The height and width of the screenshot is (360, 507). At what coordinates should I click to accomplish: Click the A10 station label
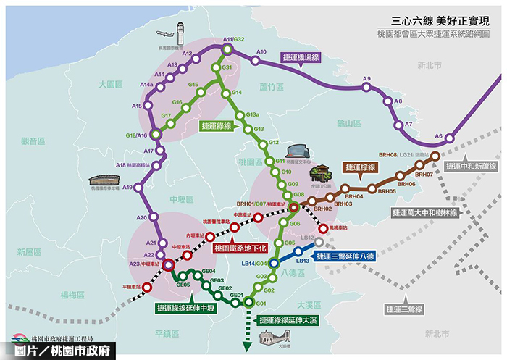(x=262, y=52)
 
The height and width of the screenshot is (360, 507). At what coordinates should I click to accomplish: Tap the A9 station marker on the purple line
(x=367, y=88)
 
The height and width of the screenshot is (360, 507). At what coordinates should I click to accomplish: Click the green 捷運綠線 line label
(x=221, y=125)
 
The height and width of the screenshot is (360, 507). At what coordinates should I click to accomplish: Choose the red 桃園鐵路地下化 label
(x=241, y=248)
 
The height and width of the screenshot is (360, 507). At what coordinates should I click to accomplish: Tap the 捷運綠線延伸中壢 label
(x=186, y=308)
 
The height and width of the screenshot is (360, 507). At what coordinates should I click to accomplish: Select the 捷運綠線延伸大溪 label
(x=287, y=319)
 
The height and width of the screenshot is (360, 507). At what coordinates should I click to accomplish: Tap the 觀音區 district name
(x=33, y=141)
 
